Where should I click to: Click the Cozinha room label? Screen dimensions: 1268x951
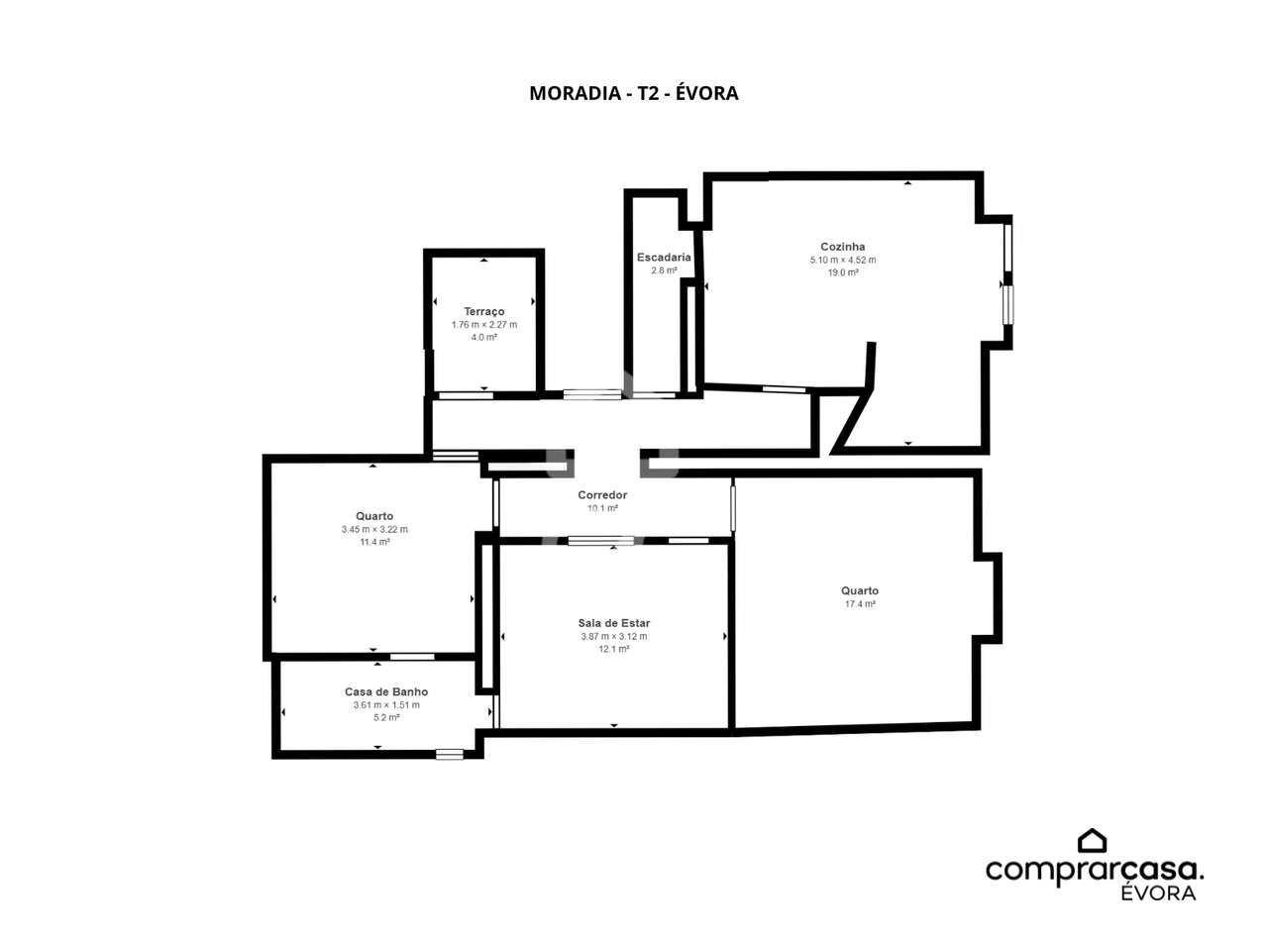(842, 247)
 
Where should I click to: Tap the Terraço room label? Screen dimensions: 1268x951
(484, 312)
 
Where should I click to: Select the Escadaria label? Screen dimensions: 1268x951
(664, 257)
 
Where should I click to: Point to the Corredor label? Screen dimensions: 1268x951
(602, 495)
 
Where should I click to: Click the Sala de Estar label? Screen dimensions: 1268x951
(614, 623)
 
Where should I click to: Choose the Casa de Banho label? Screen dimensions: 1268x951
(386, 691)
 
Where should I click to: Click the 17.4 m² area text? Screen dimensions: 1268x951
(860, 604)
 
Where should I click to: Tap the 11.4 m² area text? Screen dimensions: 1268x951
(374, 542)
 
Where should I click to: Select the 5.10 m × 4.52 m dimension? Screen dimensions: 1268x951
(843, 260)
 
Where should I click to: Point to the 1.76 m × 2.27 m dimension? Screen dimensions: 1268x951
(484, 325)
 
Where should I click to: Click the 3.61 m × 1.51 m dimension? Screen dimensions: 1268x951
(386, 705)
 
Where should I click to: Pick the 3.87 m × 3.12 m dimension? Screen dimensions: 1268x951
(614, 636)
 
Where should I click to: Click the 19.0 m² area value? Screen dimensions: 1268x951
(843, 272)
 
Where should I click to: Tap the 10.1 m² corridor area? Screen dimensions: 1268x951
(602, 508)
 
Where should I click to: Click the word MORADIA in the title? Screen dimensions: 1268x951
(575, 93)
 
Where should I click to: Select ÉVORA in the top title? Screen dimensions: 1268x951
(706, 92)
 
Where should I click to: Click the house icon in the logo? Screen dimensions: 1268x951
(1092, 841)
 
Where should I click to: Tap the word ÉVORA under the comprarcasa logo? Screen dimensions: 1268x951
(1158, 893)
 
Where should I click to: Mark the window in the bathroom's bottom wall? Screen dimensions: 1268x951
(450, 754)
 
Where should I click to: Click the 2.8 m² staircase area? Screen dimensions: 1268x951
(664, 270)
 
